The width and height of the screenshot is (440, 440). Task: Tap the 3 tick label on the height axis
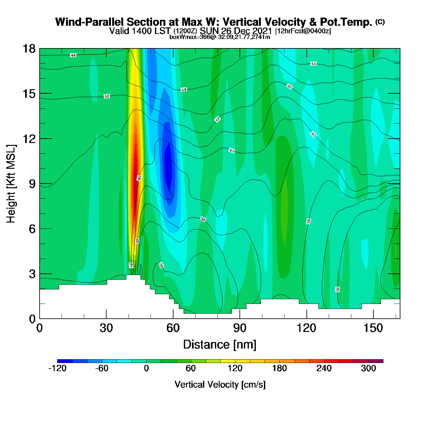32,274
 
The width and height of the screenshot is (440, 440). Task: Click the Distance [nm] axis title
220,345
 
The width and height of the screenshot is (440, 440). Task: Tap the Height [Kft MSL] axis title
11,184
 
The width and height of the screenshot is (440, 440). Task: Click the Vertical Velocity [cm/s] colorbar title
220,384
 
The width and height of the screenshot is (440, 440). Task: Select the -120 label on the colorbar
58,368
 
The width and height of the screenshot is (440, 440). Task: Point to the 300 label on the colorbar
368,368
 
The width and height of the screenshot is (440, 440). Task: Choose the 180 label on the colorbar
279,368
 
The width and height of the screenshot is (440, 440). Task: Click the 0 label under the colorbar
146,368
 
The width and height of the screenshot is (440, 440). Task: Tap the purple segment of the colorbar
376,361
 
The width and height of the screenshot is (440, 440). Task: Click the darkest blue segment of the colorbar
65,361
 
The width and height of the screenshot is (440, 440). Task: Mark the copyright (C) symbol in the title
380,22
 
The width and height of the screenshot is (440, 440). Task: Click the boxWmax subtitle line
220,37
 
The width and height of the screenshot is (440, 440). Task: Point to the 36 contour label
338,289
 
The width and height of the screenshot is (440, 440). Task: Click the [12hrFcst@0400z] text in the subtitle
303,31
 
